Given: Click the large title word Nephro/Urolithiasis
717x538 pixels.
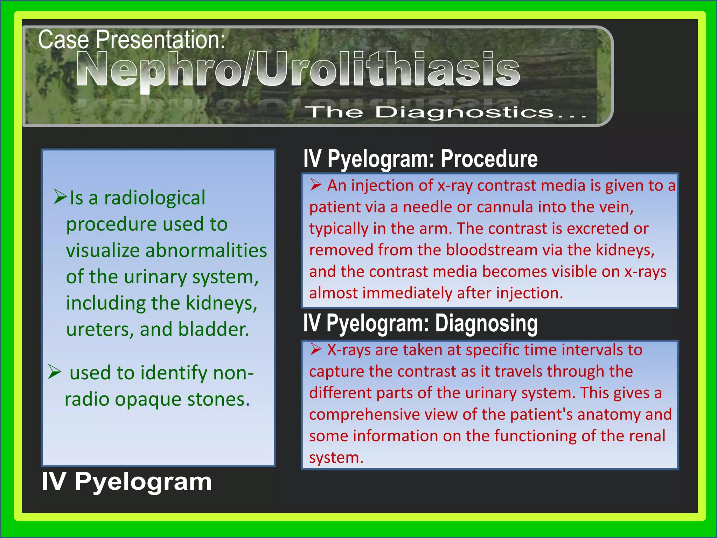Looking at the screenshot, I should coord(298,69).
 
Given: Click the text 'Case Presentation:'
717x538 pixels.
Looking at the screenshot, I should coord(131,40).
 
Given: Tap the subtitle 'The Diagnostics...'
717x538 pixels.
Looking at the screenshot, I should coord(446,112).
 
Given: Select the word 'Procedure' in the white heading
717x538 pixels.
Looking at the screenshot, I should coord(489,159).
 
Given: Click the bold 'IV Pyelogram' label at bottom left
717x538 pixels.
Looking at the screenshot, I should coord(127,481).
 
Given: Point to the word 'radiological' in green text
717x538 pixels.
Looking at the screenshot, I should coord(154,198).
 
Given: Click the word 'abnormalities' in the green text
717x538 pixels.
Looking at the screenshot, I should coord(206,250).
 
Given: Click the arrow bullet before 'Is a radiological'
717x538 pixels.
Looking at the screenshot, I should coord(60,197).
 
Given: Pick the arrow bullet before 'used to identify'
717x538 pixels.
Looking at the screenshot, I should coord(55,372).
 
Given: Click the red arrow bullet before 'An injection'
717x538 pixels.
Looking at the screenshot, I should coord(315,185).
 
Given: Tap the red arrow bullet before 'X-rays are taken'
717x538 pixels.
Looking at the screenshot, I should coord(315,349).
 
